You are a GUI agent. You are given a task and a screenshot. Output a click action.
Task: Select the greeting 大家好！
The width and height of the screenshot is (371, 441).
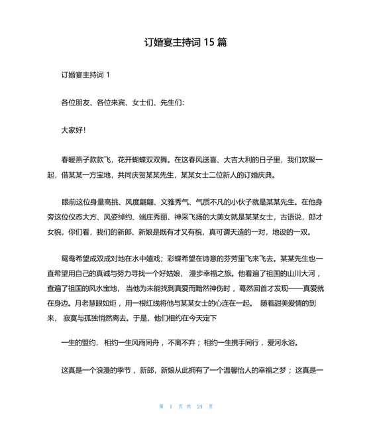pyautogui.click(x=74, y=131)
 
